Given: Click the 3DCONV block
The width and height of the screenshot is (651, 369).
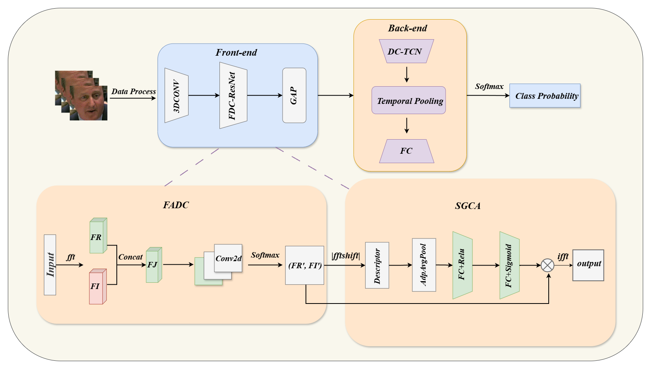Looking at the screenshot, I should (x=176, y=95).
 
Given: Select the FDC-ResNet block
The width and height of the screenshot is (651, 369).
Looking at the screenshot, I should (x=233, y=95).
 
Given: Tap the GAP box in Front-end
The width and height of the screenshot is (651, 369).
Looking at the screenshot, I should (x=294, y=95).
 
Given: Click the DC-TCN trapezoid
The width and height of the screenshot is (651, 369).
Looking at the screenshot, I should (x=406, y=51).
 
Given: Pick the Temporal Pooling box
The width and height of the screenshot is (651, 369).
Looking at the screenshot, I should (x=408, y=100).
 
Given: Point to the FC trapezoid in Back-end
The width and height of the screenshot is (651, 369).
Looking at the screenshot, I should (x=406, y=151).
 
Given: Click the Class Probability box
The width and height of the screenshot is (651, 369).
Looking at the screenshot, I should (x=545, y=96).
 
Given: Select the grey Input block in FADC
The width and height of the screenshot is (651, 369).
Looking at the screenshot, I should (x=50, y=265).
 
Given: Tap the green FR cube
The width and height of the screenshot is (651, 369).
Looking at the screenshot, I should (x=97, y=236).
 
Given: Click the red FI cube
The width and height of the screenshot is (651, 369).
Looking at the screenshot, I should (x=97, y=287).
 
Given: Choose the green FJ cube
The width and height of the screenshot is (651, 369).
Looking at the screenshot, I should (x=153, y=265).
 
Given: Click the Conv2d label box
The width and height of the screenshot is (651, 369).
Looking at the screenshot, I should (x=228, y=258).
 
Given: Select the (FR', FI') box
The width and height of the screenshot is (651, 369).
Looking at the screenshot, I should (x=305, y=265).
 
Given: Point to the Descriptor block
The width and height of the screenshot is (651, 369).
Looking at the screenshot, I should (x=377, y=265).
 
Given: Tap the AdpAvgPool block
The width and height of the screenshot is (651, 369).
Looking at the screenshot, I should (x=424, y=265).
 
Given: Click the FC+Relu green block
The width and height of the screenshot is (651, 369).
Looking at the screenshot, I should (x=462, y=265).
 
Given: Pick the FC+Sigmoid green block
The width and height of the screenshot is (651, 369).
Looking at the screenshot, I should (x=509, y=265).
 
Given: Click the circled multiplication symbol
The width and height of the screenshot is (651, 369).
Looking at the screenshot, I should (x=548, y=265).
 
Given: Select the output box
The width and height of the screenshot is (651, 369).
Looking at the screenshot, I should (x=588, y=265).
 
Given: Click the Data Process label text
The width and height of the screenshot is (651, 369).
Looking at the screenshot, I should (x=134, y=91).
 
